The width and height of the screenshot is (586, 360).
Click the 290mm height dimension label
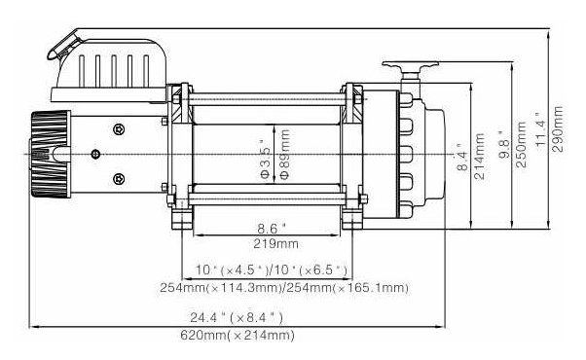coord(558,128)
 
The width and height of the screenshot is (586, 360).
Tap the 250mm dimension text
coord(521,145)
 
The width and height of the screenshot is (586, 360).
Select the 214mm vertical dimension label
coord(480,157)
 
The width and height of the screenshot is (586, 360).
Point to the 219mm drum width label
coord(275,244)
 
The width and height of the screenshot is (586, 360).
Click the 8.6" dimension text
coord(272,228)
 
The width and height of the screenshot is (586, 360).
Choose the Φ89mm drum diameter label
coord(285,155)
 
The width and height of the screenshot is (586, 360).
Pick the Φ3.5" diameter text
coord(264,160)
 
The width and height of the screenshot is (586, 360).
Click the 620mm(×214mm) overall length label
coord(238,335)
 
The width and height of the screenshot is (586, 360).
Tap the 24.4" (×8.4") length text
coord(237,318)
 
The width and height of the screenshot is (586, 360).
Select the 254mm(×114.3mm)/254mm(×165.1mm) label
coord(284,288)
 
